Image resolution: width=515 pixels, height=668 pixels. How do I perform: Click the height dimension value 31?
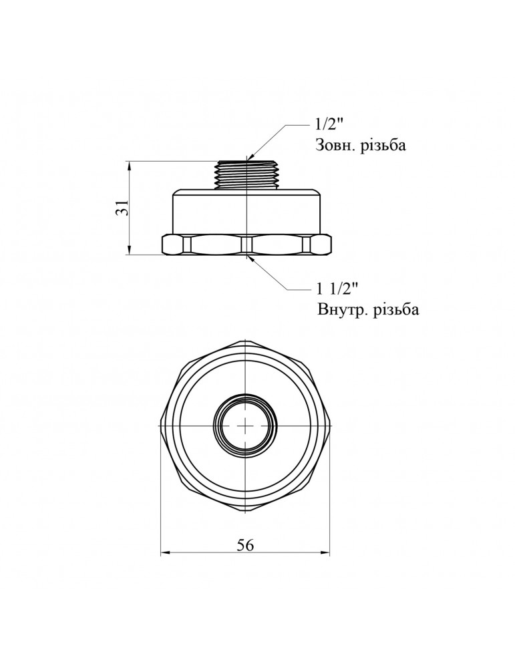(x=122, y=208)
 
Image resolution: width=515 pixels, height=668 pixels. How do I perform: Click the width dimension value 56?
(x=245, y=545)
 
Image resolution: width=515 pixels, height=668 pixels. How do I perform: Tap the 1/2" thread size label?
(x=329, y=125)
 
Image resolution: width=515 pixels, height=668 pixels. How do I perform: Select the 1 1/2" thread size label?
(x=337, y=289)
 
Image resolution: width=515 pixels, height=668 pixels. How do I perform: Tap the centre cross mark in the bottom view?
(x=246, y=425)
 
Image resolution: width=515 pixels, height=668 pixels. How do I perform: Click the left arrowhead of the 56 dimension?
(x=166, y=553)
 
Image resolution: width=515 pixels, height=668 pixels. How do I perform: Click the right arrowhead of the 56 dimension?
(x=326, y=553)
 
